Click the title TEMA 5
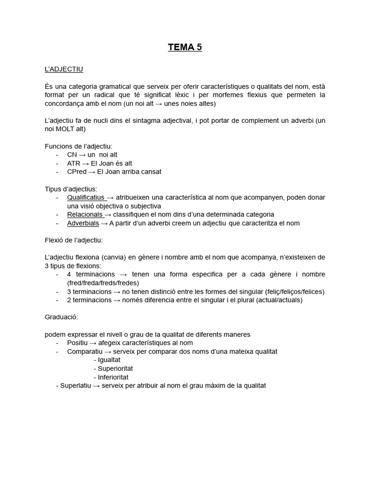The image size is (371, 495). tap(185, 47)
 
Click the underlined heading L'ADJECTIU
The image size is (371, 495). tap(64, 69)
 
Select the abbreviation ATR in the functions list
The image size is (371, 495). tap(74, 163)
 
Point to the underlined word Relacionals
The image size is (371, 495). tap(85, 214)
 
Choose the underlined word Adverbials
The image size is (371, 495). tap(83, 223)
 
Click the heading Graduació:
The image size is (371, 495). tap(61, 317)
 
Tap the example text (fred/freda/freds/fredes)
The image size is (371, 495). tap(103, 283)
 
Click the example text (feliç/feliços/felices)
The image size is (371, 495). tap(295, 291)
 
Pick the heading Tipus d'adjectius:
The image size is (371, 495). tap(71, 189)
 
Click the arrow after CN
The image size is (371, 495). tap(82, 155)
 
